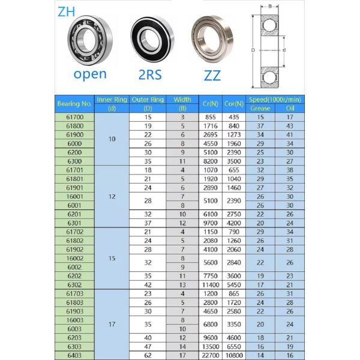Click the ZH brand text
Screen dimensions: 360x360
tap(67, 11)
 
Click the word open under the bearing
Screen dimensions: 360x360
tap(89, 74)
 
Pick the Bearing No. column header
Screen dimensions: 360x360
tap(74, 104)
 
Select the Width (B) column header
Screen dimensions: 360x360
tap(182, 104)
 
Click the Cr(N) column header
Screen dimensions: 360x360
tap(210, 104)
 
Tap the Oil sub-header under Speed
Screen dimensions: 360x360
tap(290, 109)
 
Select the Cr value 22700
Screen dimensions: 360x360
tap(210, 355)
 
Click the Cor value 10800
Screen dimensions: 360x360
tap(234, 355)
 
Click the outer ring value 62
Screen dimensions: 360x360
tap(148, 355)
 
